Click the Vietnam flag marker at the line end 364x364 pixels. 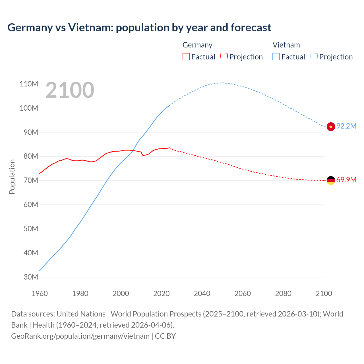(x=331, y=127)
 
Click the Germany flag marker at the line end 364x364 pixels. (x=331, y=180)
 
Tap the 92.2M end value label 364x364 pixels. (x=346, y=126)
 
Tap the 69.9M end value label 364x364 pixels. (x=346, y=180)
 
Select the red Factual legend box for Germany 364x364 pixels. (x=186, y=57)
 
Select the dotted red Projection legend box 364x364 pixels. (x=224, y=57)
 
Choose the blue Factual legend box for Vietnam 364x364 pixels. (x=276, y=57)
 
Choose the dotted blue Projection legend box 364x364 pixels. (x=314, y=57)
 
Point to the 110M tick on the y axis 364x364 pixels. (x=29, y=84)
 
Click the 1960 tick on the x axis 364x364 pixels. (x=40, y=293)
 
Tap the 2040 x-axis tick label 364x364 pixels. (x=202, y=293)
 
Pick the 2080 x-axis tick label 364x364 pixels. (x=283, y=293)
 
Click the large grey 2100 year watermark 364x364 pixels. (x=70, y=90)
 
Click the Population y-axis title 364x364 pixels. (x=12, y=177)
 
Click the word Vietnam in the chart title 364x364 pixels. (x=90, y=28)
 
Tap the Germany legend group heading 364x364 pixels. (x=197, y=45)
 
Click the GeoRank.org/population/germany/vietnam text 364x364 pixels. (x=80, y=336)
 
